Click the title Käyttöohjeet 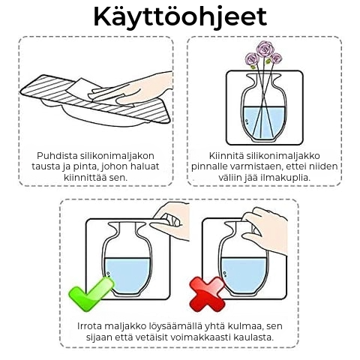[x=180, y=17]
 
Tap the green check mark [x=91, y=295]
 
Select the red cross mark [x=207, y=294]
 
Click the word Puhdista [x=57, y=156]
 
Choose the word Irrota [x=89, y=326]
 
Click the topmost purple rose [x=265, y=49]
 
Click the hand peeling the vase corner [x=170, y=221]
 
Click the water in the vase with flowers [x=263, y=122]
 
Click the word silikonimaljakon [x=117, y=156]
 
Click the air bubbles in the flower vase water [x=246, y=121]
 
